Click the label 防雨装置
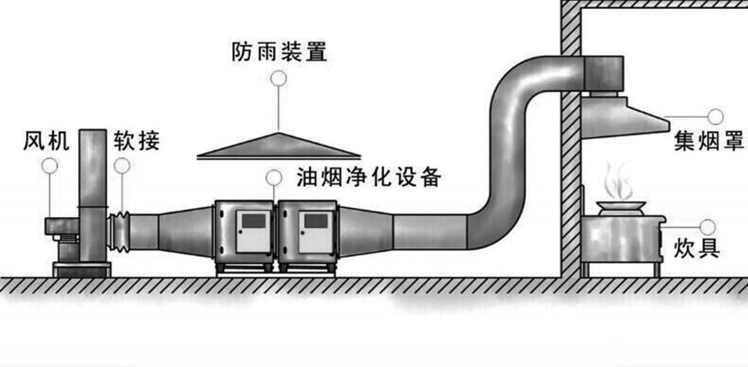point(279,52)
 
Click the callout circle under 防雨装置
point(279,79)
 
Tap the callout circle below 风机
point(49,166)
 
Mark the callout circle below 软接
point(122,166)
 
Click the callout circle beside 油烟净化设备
point(274,176)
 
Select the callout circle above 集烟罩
point(716,116)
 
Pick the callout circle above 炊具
point(708,227)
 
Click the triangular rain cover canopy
point(278,147)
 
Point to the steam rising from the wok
point(617,181)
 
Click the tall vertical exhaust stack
point(92,195)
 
